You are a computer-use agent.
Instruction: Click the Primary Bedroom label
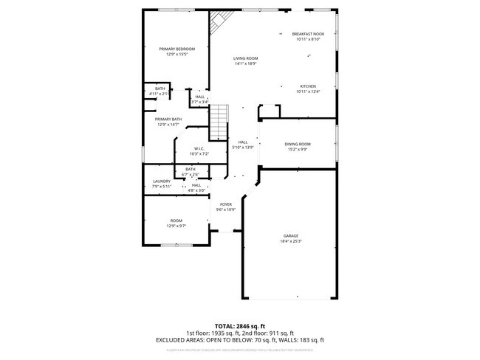176,49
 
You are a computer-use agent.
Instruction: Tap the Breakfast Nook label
308,34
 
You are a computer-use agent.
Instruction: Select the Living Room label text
245,58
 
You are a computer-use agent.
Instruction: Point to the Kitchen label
308,86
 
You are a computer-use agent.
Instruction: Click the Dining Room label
298,144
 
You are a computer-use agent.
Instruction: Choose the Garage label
290,236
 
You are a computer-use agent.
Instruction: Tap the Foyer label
225,204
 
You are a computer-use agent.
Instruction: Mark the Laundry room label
162,181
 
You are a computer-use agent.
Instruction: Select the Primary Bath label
168,119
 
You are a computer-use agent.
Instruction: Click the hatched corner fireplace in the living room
218,24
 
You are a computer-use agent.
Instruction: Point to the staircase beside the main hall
219,122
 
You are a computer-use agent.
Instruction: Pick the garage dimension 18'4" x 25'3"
290,241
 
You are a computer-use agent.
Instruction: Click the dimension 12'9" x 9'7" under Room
176,226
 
